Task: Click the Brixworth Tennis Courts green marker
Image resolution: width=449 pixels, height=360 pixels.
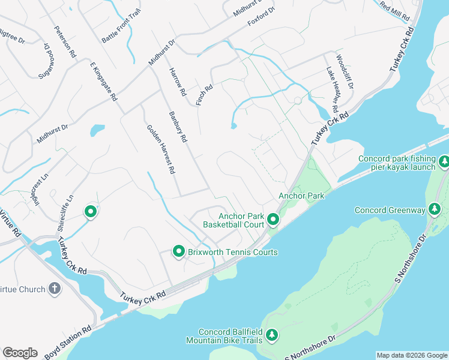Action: [178, 252]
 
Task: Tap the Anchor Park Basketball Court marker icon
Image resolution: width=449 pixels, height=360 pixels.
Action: [273, 220]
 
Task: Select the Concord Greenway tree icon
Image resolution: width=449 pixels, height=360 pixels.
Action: [435, 210]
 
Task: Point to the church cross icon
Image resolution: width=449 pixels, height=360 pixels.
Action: [55, 289]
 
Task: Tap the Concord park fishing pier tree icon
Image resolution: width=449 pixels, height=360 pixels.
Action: [444, 161]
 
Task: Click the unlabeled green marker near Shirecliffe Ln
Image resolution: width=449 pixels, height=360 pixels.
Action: [91, 211]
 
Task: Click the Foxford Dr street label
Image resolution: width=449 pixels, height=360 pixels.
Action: [261, 17]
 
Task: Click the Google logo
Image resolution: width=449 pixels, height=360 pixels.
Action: [20, 353]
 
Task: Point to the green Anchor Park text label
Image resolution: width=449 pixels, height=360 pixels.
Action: [301, 196]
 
